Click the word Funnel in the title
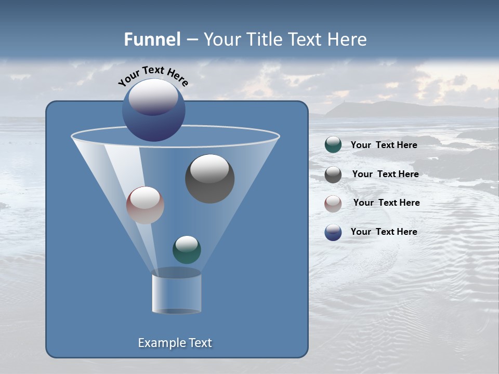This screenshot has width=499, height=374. [152, 39]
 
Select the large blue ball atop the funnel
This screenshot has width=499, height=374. [153, 110]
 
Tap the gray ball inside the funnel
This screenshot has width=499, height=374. [210, 179]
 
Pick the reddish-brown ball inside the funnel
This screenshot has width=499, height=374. [145, 205]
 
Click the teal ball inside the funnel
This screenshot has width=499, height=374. [187, 250]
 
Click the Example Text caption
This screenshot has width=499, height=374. [175, 343]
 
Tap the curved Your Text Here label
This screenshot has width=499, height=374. [153, 75]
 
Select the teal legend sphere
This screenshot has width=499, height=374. [333, 145]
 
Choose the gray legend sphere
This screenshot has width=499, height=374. [333, 175]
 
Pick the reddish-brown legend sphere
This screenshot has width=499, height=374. [333, 204]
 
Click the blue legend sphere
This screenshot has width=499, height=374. [333, 232]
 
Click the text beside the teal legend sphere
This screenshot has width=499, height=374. [384, 145]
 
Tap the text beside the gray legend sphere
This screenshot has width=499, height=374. [385, 174]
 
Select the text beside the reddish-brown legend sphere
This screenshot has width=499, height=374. [386, 203]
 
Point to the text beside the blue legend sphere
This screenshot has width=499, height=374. [384, 232]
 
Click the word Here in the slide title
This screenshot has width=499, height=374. [348, 39]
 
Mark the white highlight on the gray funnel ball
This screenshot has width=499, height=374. [209, 169]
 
